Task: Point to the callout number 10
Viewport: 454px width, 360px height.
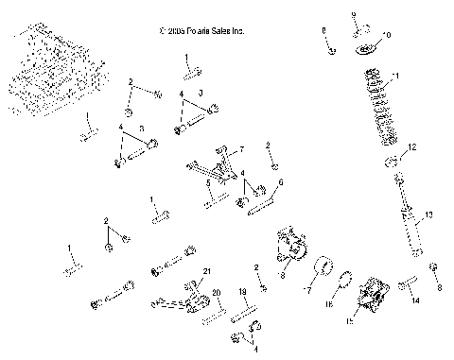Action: pyautogui.click(x=386, y=34)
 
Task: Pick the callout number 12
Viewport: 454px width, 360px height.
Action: pyautogui.click(x=411, y=147)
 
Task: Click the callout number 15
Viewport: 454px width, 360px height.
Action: pyautogui.click(x=349, y=322)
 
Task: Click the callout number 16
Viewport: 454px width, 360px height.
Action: pyautogui.click(x=331, y=305)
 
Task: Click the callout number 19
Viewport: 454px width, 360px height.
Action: pyautogui.click(x=242, y=292)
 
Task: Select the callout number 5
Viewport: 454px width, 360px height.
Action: pyautogui.click(x=208, y=182)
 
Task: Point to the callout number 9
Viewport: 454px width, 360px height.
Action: pyautogui.click(x=353, y=15)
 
